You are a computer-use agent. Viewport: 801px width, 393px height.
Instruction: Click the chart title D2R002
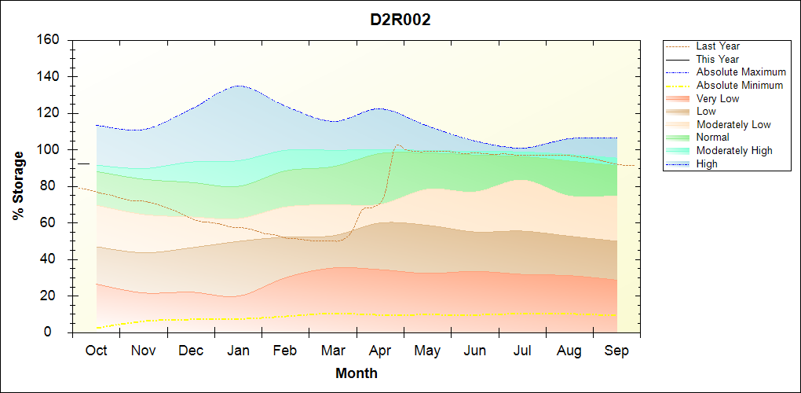click(x=400, y=20)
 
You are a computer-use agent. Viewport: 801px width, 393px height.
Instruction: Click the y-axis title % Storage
click(x=19, y=185)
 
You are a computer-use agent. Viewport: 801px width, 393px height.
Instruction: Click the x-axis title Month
click(x=357, y=373)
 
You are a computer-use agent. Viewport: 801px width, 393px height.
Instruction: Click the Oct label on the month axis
click(x=96, y=351)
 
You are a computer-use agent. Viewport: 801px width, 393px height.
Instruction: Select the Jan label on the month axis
click(x=238, y=351)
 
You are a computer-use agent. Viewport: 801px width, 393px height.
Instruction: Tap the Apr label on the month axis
click(x=380, y=351)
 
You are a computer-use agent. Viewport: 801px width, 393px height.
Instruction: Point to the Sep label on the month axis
click(x=616, y=351)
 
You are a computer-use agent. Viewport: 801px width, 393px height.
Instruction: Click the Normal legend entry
click(x=712, y=138)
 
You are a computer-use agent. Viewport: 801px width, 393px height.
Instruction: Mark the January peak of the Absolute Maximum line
click(x=238, y=86)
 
